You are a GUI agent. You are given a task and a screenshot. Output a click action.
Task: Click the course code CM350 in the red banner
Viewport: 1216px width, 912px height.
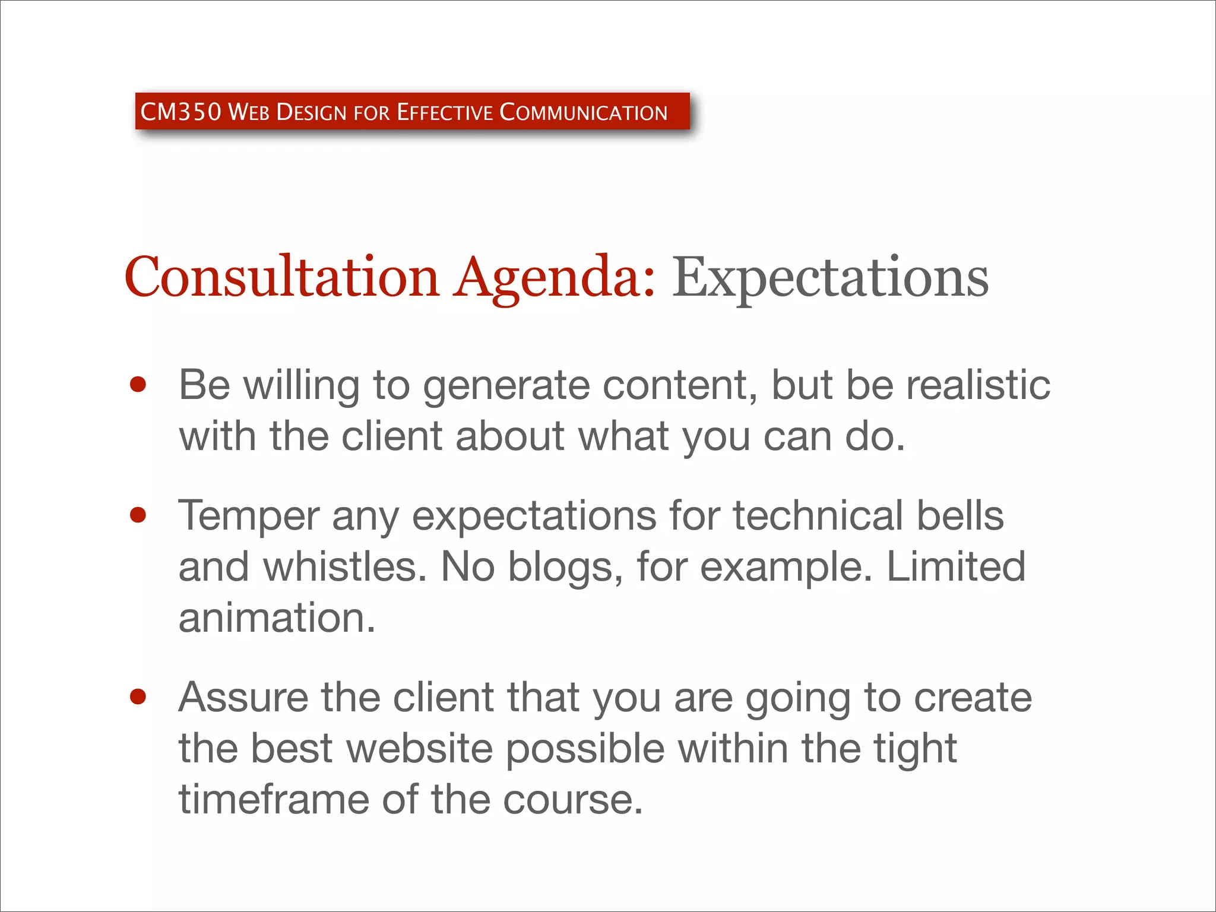click(180, 112)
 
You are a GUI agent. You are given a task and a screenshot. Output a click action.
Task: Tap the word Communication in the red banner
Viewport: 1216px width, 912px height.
click(584, 112)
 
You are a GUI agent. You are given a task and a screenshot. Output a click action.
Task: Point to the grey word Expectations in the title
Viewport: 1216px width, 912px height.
click(830, 277)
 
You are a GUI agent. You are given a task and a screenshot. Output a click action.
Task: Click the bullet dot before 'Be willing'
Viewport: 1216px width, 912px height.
click(138, 385)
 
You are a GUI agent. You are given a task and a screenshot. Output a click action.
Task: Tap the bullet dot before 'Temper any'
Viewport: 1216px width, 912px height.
click(138, 515)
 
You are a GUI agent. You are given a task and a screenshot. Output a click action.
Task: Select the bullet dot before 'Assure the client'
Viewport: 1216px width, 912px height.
click(138, 696)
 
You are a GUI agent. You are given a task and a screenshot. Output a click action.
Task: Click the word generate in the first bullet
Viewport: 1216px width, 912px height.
click(506, 386)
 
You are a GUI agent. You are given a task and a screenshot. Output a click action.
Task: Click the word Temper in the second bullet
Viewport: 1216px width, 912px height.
click(249, 516)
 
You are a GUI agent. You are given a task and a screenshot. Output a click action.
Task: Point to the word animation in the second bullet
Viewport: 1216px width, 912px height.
click(277, 618)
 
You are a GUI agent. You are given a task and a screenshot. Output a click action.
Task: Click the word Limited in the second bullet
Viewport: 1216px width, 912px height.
click(956, 566)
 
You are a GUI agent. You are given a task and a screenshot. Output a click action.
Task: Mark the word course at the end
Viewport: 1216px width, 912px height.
click(572, 800)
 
